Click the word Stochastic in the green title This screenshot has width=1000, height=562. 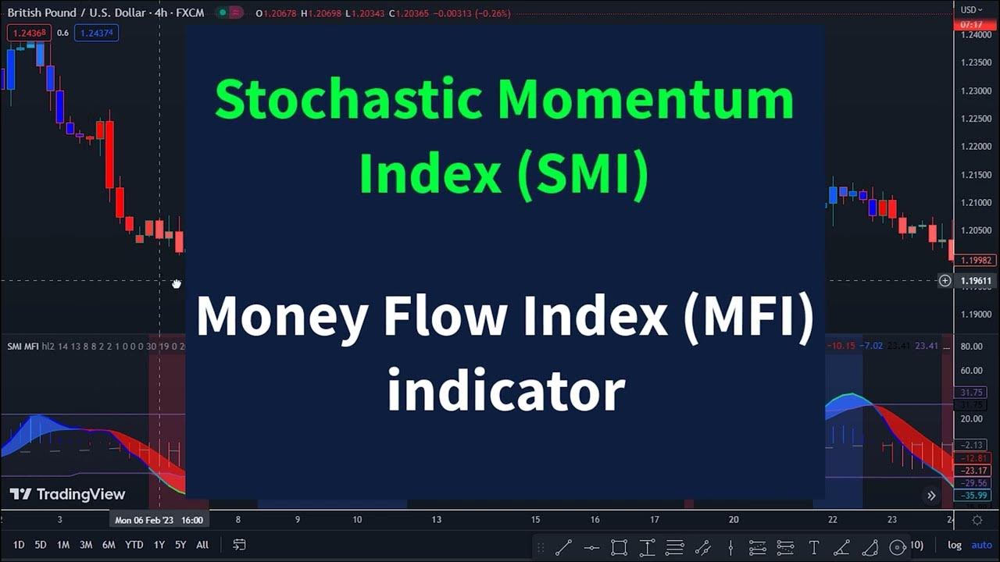pos(348,101)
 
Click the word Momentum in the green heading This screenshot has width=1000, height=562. pos(645,101)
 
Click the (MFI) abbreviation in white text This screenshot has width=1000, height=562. pos(748,316)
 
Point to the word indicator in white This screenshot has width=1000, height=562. pos(506,389)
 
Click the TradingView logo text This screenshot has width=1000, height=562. pos(80,494)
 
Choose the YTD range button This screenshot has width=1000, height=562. pos(134,545)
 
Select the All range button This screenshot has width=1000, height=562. pos(202,545)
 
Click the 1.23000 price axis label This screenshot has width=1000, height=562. pos(976,91)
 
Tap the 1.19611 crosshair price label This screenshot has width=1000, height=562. pos(976,281)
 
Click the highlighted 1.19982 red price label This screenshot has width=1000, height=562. pos(976,261)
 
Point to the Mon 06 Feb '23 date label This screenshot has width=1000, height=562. pos(159,520)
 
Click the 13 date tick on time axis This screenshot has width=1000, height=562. pos(436,520)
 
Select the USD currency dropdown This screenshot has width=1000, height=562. pos(972,10)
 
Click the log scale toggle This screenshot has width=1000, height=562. pos(955,545)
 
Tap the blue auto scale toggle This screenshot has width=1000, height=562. pos(981,545)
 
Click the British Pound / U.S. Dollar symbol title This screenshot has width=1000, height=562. pos(77,13)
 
